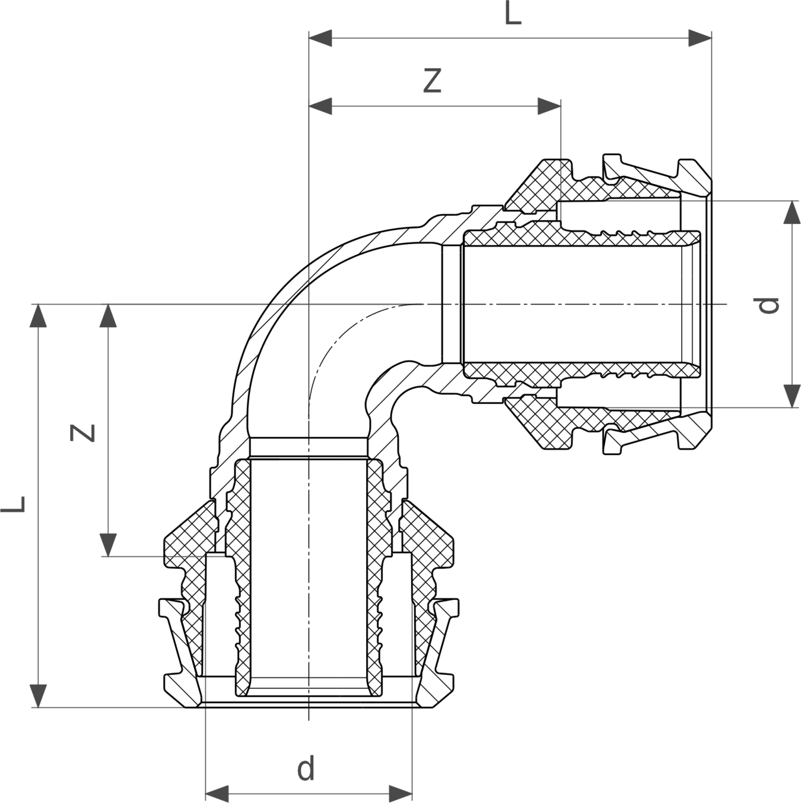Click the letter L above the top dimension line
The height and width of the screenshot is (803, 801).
coord(513,14)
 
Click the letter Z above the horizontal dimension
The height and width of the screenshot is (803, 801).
coord(432,81)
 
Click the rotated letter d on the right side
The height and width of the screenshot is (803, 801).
coord(767,305)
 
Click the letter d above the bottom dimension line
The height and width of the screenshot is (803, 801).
coord(306,769)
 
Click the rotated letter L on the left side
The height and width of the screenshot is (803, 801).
coord(14,504)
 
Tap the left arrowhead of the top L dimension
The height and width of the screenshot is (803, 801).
coord(320,38)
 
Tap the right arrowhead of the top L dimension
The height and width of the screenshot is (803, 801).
coord(700,38)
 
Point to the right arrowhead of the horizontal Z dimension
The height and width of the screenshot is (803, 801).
coord(549,106)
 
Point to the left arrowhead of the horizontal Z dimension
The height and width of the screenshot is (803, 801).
coord(320,106)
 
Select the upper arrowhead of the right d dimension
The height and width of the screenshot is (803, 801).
coord(792,213)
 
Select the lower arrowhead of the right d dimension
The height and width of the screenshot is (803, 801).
coord(792,396)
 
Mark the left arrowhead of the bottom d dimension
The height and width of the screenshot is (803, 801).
coord(217,793)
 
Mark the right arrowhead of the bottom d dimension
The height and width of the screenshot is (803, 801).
coord(401,793)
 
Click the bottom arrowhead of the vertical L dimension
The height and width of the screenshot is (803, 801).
coord(39,696)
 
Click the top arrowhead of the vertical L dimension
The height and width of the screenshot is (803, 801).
coord(39,316)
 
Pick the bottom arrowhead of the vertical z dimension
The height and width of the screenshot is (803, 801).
coord(109,545)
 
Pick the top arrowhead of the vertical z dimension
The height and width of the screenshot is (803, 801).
coord(109,316)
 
